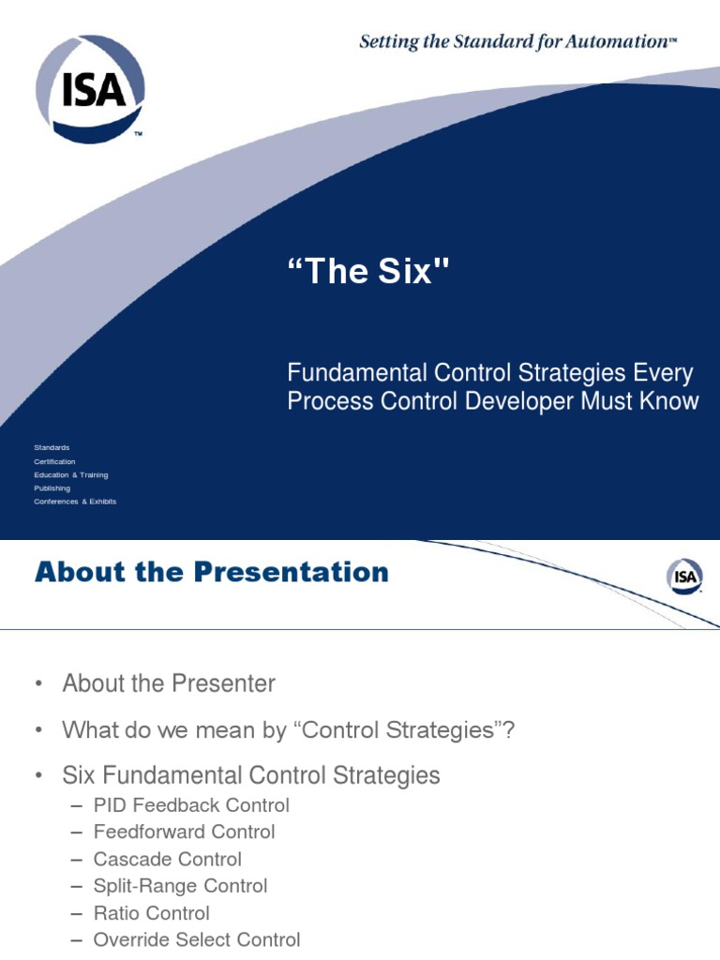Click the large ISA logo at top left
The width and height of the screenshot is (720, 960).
point(90,88)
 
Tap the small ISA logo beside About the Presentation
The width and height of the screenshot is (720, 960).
point(684,577)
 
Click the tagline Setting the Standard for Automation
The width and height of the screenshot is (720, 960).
point(517,40)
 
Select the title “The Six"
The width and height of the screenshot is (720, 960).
point(368,273)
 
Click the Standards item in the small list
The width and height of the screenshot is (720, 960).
point(52,448)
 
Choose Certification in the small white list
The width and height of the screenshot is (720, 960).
point(54,461)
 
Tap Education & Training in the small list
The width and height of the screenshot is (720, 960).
point(71,475)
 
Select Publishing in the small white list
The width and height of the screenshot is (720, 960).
point(52,488)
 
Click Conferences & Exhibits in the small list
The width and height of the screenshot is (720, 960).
point(75,502)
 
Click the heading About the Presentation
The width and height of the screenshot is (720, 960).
point(211,572)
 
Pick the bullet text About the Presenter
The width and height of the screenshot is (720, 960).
point(169,683)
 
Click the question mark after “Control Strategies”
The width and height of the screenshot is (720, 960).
point(509,730)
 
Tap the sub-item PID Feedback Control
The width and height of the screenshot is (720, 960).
point(191,805)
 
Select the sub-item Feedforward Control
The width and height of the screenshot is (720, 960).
point(184,832)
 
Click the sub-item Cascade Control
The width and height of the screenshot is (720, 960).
point(167,860)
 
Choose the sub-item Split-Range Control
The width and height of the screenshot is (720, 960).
point(180,886)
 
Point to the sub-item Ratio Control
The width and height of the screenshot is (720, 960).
point(151,913)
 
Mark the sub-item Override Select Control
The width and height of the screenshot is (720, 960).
point(197,940)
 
